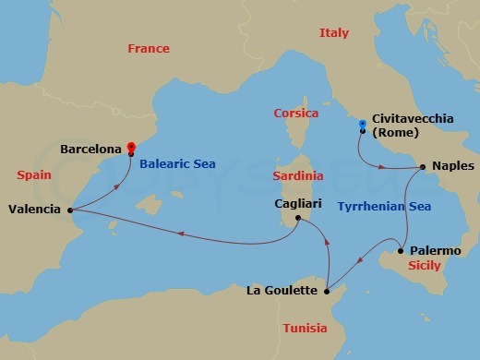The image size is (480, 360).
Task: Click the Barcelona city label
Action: (x=90, y=148)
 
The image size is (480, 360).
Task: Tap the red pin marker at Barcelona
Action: (x=131, y=146)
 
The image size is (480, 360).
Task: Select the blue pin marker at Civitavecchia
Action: (x=363, y=124)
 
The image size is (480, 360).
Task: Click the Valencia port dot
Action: (x=70, y=210)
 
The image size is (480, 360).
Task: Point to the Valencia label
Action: (x=35, y=210)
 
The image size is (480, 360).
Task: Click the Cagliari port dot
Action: (x=297, y=219)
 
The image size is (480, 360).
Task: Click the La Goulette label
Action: (x=283, y=292)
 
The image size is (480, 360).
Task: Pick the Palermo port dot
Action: (x=401, y=250)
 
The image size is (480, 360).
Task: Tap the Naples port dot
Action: (x=422, y=167)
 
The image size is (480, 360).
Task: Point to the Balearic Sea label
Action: (x=178, y=164)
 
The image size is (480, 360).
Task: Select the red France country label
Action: (x=149, y=48)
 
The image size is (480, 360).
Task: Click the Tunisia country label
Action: (x=305, y=328)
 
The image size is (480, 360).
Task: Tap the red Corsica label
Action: (x=296, y=114)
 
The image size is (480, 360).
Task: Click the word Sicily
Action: (x=426, y=266)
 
